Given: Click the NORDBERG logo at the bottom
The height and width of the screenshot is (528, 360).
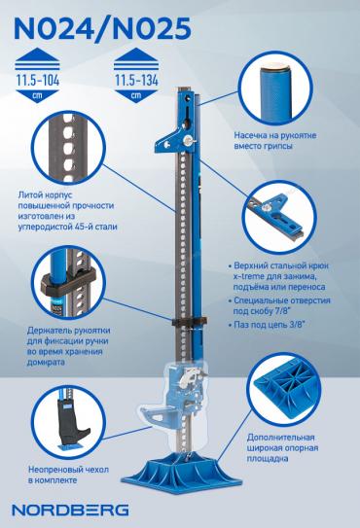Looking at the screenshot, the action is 70,510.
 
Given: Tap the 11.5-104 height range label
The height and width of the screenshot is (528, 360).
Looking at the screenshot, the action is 38,81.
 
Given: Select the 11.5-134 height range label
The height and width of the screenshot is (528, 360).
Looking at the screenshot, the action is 136,81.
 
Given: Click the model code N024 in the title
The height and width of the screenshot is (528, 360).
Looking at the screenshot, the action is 54,28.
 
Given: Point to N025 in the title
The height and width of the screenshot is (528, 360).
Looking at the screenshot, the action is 152,28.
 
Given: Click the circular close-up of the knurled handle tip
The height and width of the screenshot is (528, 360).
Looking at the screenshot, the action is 277,89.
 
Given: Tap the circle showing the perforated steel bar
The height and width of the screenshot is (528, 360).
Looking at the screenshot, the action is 69,148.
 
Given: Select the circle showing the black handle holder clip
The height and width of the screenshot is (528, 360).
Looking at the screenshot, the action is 69,282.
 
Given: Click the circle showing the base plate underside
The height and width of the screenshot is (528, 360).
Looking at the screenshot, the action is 286,388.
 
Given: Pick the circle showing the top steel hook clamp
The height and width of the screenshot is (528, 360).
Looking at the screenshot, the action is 280,218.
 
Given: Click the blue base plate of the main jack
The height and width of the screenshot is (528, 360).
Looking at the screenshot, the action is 181,473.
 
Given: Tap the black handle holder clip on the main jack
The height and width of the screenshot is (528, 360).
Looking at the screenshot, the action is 190,322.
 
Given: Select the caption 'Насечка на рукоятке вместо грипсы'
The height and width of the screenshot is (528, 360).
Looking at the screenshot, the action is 275,141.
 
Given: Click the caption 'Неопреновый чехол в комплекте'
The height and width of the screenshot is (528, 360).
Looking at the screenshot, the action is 69,475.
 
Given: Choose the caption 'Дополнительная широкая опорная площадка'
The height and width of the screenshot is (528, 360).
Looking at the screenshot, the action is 282,448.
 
